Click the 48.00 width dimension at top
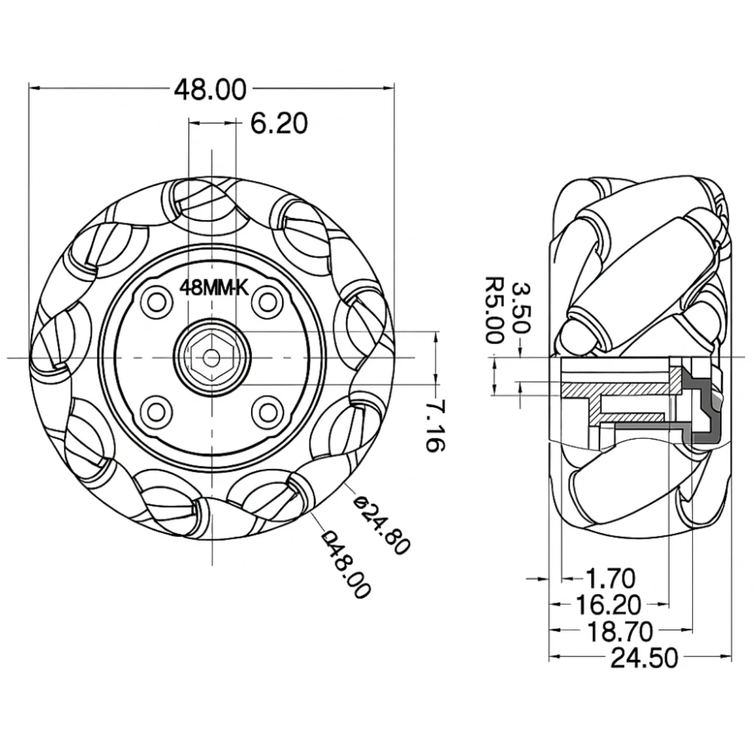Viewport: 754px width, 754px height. [x=210, y=89]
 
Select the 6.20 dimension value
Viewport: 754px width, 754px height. [x=279, y=124]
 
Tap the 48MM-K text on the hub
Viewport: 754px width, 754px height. [x=214, y=288]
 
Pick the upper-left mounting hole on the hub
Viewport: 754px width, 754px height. [x=157, y=302]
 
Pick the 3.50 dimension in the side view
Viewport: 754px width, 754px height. [x=521, y=308]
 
